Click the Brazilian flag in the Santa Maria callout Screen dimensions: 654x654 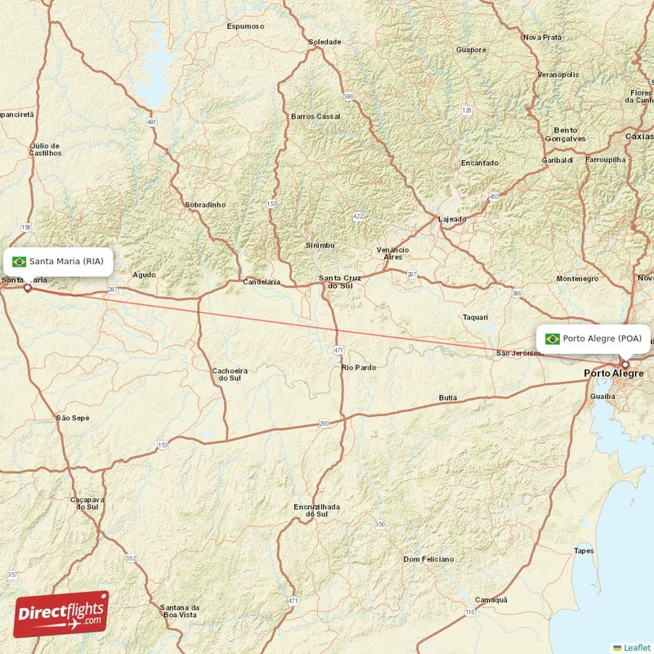[x=19, y=262]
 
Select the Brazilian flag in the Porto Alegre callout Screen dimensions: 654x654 [x=553, y=338]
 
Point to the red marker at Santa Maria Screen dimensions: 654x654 [x=28, y=288]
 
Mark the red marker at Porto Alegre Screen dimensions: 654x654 [x=625, y=365]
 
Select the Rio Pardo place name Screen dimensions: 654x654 [x=359, y=368]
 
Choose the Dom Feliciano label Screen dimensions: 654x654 [x=428, y=559]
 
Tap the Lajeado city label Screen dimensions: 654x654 [x=452, y=219]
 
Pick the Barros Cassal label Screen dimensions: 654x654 [x=315, y=116]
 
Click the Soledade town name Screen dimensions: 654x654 [x=325, y=42]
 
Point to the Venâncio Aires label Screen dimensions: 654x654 [x=392, y=253]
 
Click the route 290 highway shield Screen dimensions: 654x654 [x=324, y=423]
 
